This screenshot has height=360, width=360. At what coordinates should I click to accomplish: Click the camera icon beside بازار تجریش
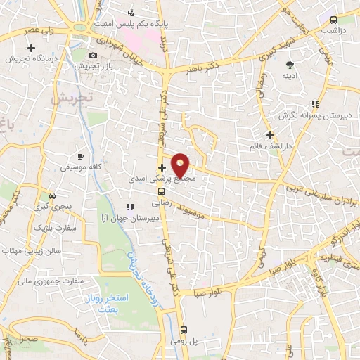pos(94,56)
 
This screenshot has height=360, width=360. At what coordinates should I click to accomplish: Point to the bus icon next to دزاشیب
pos(333,20)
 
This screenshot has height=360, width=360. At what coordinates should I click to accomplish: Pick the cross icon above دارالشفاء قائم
pos(269,135)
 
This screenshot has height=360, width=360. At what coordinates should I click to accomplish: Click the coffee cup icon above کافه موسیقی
pos(80,155)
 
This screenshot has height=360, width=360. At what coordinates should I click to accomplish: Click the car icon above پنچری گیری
pos(52,195)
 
